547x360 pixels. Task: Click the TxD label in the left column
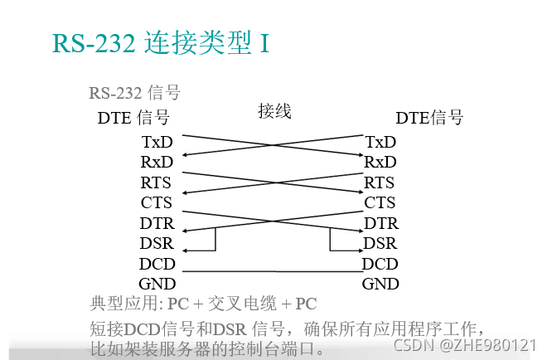point(157,142)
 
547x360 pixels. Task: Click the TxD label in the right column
point(380,142)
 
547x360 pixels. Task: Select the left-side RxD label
point(157,162)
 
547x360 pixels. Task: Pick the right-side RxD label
point(380,162)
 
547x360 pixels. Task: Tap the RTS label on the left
point(157,182)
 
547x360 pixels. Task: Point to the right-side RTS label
point(380,182)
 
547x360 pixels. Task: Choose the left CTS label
point(157,202)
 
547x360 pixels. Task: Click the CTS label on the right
point(380,202)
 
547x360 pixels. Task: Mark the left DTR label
point(157,223)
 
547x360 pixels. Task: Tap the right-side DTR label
point(381,223)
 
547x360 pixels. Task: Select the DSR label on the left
point(157,243)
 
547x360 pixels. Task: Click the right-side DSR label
point(380,243)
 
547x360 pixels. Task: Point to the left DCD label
point(157,264)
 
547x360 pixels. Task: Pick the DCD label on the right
point(380,264)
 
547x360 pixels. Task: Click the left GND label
point(157,284)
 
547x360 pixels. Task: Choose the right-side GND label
point(380,284)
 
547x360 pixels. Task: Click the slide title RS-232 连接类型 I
point(161,42)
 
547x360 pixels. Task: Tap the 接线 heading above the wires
point(274,111)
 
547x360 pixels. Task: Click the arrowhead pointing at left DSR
point(185,250)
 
